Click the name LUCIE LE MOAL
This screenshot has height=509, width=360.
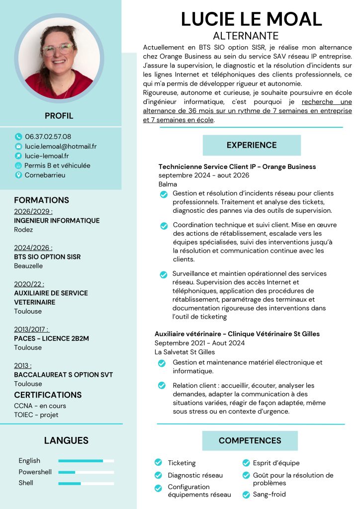click(251, 19)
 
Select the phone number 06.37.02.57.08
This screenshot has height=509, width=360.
click(48, 137)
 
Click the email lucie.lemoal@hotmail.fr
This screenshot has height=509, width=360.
click(61, 146)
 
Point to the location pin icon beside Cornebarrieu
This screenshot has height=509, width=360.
click(19, 175)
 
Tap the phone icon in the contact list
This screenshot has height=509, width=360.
click(19, 137)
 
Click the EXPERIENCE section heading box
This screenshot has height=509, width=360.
click(252, 145)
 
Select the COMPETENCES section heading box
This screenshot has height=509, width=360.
click(250, 440)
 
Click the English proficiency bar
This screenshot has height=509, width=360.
click(86, 461)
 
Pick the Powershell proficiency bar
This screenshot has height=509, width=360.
click(86, 472)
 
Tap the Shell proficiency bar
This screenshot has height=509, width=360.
click(86, 483)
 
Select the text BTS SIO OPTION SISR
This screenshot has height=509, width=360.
click(47, 257)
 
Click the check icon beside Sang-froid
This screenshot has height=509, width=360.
click(246, 495)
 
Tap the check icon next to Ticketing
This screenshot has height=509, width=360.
click(159, 463)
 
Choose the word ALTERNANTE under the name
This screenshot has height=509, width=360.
click(246, 36)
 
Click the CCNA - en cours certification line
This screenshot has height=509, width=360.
click(40, 406)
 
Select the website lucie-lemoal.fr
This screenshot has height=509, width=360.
click(47, 156)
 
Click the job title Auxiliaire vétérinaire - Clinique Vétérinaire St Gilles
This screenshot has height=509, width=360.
click(237, 334)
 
